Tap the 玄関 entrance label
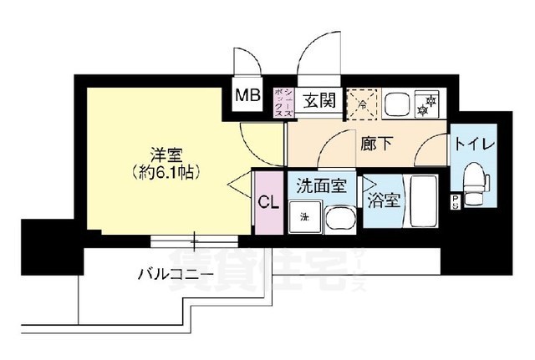pyautogui.click(x=318, y=102)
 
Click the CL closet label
pyautogui.click(x=267, y=202)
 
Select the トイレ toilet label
pyautogui.click(x=474, y=144)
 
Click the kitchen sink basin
pyautogui.click(x=396, y=104)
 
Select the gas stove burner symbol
pyautogui.click(x=431, y=104)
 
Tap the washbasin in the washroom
pyautogui.click(x=339, y=220)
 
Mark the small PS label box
pyautogui.click(x=455, y=200)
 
